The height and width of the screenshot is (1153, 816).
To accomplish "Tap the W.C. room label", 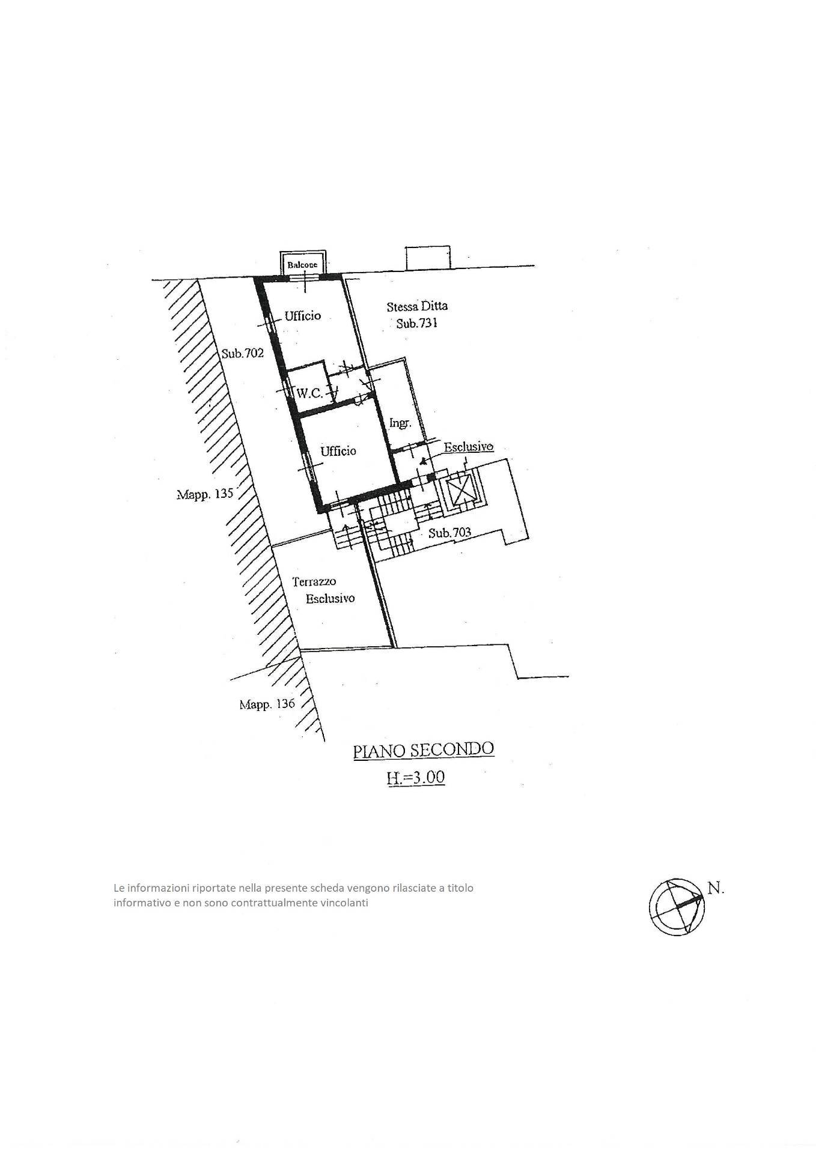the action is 309,393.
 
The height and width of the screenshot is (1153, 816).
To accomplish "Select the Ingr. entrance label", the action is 400,423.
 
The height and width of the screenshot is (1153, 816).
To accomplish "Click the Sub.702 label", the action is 242,353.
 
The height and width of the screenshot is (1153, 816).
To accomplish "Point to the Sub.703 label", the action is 449,532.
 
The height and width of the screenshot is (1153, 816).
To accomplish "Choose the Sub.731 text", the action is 417,323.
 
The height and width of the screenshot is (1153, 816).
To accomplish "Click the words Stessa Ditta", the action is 416,306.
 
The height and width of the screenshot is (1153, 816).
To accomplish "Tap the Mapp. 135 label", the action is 204,494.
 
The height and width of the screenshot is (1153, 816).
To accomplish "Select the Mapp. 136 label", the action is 267,704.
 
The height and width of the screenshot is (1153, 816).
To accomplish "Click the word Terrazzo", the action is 314,581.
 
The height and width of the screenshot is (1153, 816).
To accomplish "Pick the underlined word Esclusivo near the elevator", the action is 469,447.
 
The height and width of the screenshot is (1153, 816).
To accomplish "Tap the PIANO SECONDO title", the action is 423,749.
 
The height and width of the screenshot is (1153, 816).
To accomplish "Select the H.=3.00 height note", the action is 415,777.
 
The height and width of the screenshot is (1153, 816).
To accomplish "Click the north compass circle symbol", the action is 676,907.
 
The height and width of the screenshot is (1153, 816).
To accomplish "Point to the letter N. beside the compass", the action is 716,888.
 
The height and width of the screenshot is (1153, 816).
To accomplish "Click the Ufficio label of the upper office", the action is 303,315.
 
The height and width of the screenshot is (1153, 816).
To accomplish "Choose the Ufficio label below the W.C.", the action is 338,450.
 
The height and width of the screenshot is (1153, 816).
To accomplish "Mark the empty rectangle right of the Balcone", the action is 428,258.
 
